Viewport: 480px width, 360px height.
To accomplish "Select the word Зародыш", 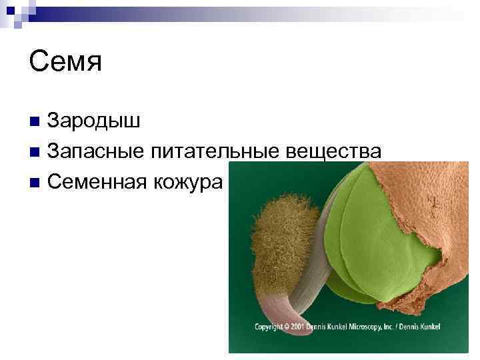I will (94, 121).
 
